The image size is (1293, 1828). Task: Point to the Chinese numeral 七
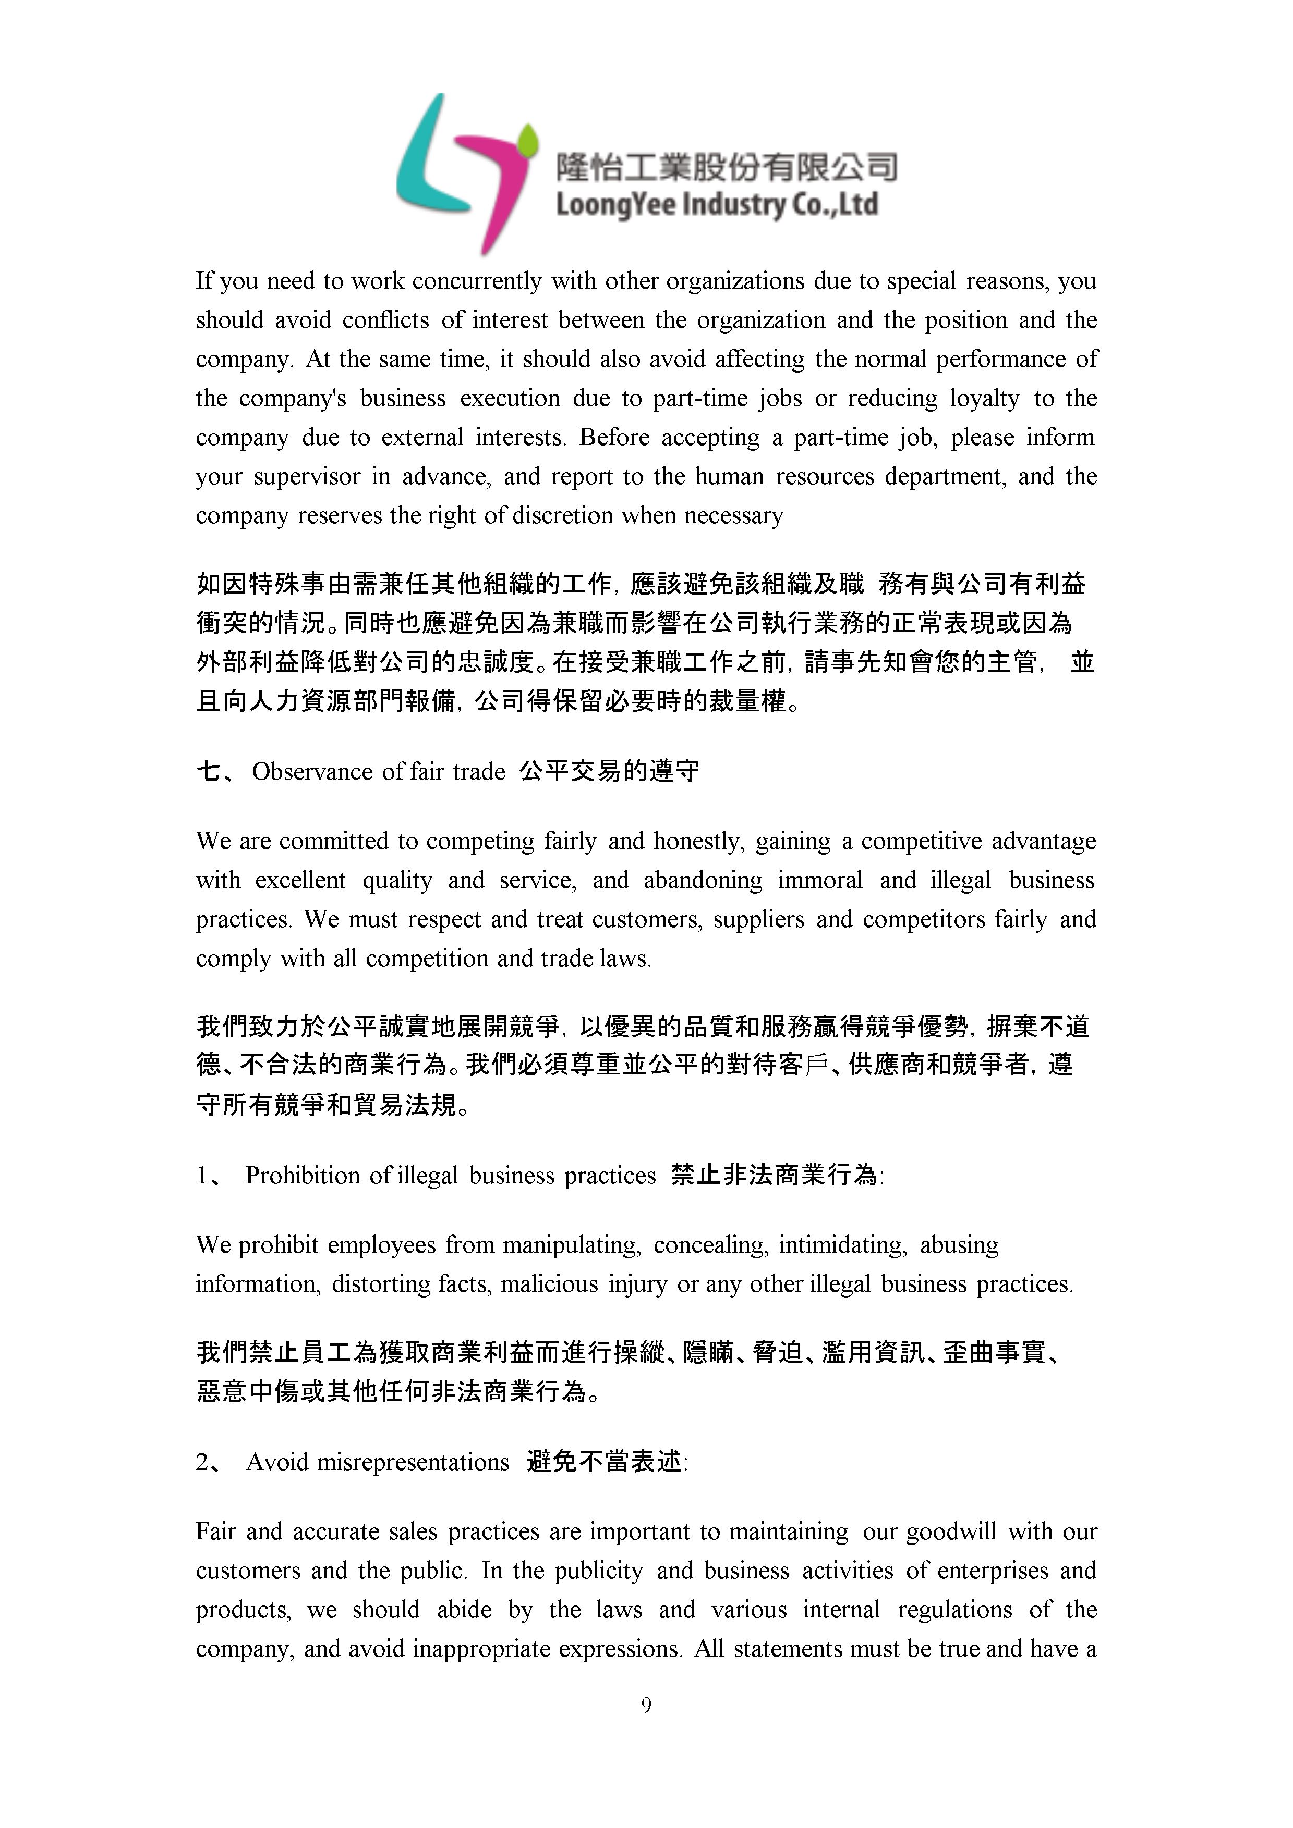tap(209, 771)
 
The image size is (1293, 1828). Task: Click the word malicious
tap(549, 1283)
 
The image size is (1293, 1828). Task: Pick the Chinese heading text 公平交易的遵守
tap(609, 771)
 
